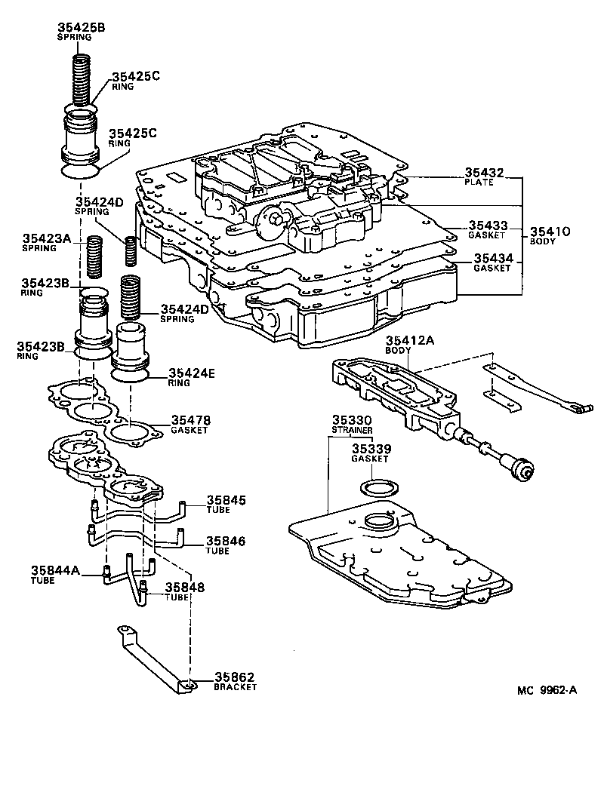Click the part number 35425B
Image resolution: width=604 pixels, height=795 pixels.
[81, 28]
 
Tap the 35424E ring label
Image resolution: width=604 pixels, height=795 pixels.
[193, 373]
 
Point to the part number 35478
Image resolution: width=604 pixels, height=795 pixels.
[190, 420]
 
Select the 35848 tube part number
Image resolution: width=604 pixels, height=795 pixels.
[185, 587]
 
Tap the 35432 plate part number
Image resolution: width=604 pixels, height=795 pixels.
[483, 173]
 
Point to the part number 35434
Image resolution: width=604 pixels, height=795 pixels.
[492, 258]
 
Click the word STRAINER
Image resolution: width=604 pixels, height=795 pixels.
[351, 430]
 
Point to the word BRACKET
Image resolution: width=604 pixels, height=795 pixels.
[235, 687]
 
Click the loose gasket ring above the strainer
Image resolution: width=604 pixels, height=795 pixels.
[374, 486]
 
